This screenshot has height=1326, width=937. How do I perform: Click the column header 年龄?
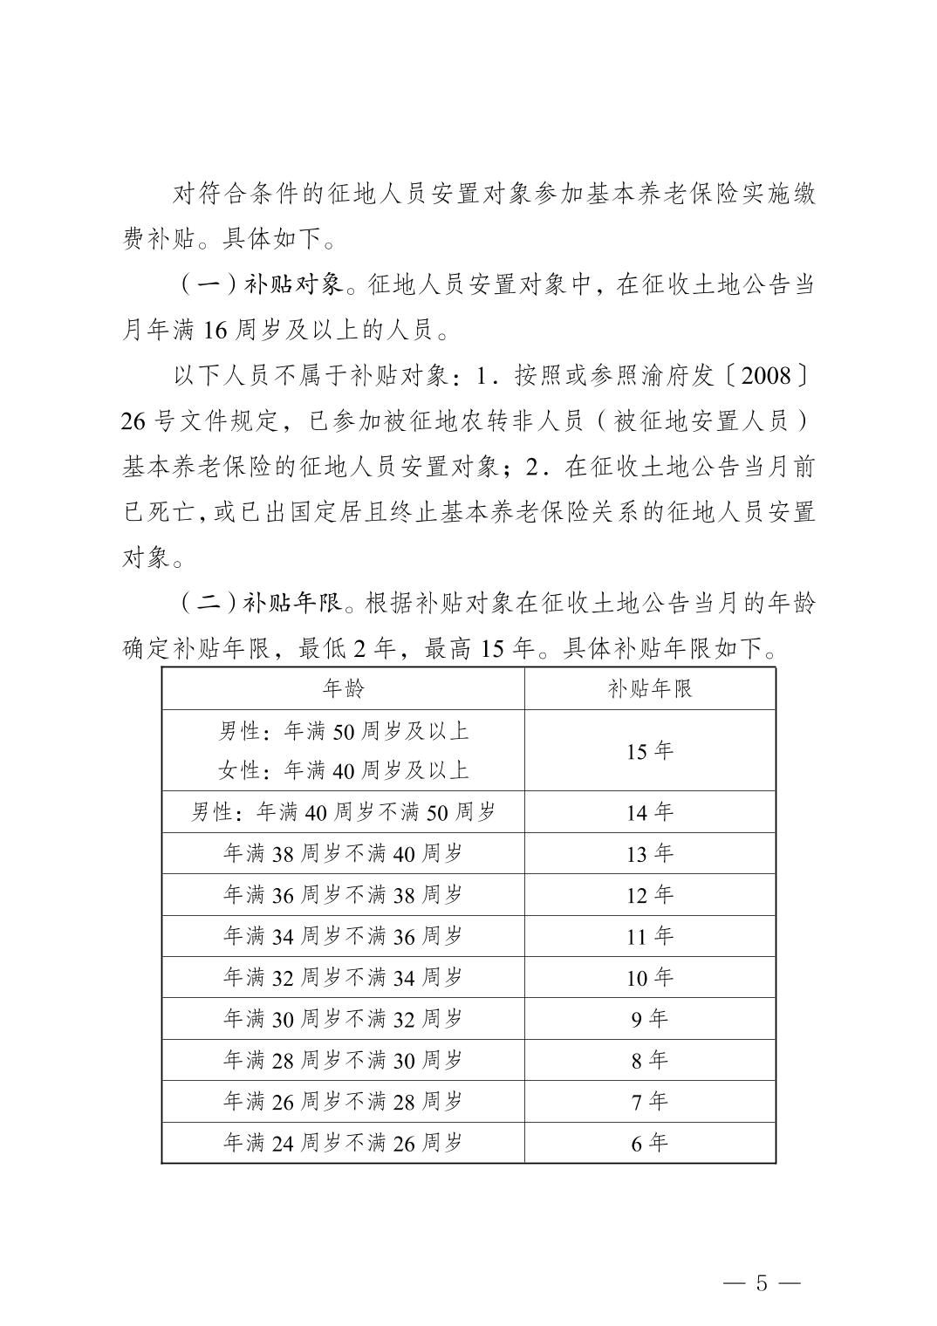[343, 689]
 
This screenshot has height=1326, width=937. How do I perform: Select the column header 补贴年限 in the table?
[650, 689]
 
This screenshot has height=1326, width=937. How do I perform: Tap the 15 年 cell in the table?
[650, 751]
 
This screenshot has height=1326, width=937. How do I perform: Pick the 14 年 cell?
[650, 812]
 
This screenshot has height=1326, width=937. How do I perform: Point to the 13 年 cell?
[650, 853]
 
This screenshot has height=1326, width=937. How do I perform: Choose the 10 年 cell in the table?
[650, 978]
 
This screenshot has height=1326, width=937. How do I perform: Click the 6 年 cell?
[650, 1143]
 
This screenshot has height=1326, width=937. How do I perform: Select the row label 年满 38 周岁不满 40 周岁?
[343, 853]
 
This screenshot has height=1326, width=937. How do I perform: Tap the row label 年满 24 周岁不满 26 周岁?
[343, 1143]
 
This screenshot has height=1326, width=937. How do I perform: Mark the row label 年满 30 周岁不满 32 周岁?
[343, 1019]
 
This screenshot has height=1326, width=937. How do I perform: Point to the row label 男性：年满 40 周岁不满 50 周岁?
[343, 812]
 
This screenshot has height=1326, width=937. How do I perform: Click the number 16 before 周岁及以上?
[215, 331]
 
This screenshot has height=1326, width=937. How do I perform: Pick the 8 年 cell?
[650, 1060]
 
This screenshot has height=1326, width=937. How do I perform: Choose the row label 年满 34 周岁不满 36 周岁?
[343, 936]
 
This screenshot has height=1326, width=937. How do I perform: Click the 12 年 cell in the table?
[650, 895]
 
